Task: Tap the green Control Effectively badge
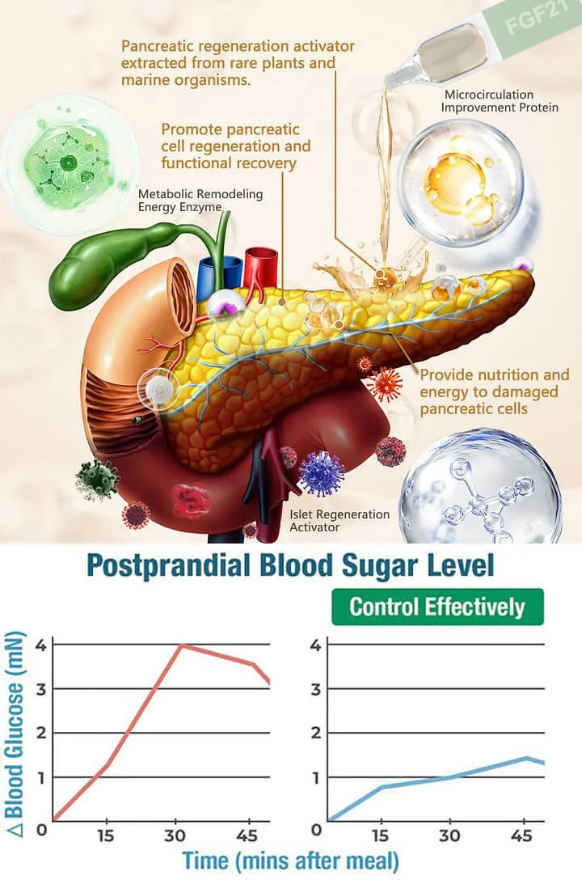tap(437, 607)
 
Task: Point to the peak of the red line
tap(183, 645)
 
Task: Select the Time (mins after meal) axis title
tap(290, 859)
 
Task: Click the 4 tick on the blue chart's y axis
tap(316, 645)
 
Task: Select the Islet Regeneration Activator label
tap(339, 521)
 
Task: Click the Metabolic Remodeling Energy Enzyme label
tap(200, 201)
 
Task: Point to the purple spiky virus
tap(322, 473)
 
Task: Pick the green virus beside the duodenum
tap(97, 480)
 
